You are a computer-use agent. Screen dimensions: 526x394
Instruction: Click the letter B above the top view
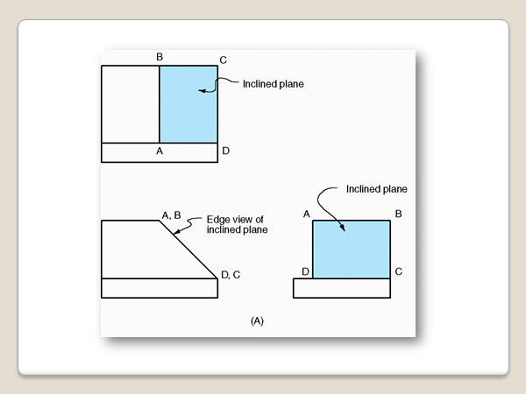coord(160,58)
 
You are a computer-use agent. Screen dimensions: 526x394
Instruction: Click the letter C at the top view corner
coord(224,60)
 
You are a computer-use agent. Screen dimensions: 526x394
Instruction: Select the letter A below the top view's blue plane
coord(160,151)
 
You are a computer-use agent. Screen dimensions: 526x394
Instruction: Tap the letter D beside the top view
coord(226,151)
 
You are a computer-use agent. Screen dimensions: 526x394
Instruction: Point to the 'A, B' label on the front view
coord(171,214)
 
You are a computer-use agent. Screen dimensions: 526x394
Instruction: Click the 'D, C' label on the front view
coord(231,275)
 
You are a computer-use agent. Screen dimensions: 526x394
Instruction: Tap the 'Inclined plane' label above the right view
coord(377,188)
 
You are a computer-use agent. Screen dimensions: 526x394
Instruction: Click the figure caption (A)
coord(257,321)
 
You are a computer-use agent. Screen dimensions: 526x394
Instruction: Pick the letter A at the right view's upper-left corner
coord(306,215)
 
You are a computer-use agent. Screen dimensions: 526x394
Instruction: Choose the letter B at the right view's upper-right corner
coord(399,215)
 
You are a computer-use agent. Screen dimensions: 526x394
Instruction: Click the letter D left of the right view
coord(305,272)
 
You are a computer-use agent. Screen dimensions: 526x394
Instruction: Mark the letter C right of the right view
coord(399,271)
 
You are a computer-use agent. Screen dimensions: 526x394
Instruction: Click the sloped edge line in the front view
coord(188,250)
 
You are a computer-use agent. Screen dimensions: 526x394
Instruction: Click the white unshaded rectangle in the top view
coord(130,104)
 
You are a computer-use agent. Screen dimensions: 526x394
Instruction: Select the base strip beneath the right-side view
coord(342,288)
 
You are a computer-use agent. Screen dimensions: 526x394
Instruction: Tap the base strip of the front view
coord(160,288)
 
